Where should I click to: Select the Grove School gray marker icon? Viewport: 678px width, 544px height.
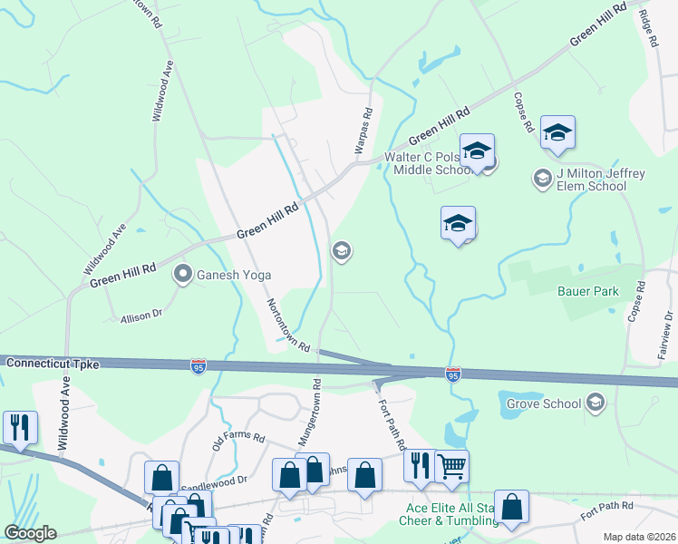point(596,402)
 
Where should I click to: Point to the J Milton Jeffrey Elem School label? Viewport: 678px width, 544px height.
point(590,180)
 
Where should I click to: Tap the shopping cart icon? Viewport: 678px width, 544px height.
point(451,466)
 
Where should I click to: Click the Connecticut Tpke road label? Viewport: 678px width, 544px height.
point(49,363)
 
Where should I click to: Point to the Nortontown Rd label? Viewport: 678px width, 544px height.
point(289,325)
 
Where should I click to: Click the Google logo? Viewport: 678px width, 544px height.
point(31,533)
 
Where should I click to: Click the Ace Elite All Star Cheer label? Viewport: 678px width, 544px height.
point(450,515)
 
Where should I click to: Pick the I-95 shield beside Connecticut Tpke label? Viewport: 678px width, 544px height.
point(199,365)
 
